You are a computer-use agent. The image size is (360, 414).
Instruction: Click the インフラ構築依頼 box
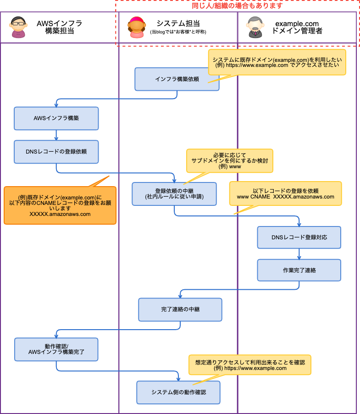click(x=177, y=79)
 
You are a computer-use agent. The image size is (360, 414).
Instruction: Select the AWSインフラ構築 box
click(x=56, y=118)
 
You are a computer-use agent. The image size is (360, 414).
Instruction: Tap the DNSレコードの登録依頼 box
click(x=56, y=152)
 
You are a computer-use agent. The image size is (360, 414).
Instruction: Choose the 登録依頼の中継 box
click(x=174, y=193)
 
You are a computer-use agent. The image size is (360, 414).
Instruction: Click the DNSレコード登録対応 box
click(x=299, y=237)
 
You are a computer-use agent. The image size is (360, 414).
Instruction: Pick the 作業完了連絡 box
click(x=299, y=270)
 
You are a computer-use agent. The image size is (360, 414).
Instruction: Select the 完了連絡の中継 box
click(x=180, y=309)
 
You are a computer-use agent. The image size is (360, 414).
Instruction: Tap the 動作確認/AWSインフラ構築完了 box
click(x=56, y=349)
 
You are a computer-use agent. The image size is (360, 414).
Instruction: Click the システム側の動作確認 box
click(x=178, y=392)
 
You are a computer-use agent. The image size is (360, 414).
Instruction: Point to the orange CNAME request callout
click(x=60, y=205)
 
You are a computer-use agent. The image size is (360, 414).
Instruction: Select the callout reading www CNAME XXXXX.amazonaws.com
click(x=285, y=193)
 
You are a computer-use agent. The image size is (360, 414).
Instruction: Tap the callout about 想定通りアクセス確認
click(x=250, y=364)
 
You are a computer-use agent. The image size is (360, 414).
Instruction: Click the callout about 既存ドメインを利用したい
click(x=277, y=62)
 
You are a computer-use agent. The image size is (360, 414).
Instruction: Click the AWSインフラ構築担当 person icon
click(x=18, y=28)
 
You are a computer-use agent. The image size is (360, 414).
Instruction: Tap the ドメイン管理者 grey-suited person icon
click(x=254, y=28)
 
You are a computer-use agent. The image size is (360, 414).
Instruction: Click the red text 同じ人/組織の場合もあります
click(x=237, y=6)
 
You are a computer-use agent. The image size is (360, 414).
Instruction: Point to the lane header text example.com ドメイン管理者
click(x=297, y=27)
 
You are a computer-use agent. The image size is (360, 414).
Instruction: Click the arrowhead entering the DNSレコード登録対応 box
click(x=299, y=225)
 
